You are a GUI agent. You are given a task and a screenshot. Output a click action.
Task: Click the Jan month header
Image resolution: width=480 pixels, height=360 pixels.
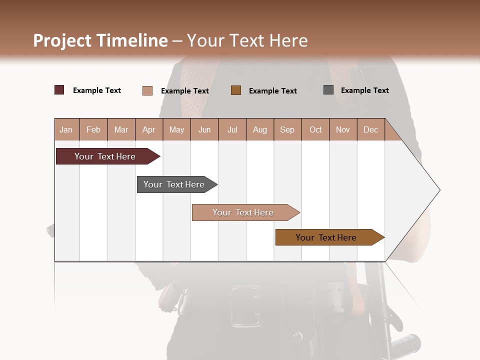tap(66, 129)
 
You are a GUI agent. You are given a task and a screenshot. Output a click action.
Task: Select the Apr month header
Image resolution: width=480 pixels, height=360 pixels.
tap(148, 129)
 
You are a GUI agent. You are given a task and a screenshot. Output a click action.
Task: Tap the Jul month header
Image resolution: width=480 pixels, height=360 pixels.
tap(232, 129)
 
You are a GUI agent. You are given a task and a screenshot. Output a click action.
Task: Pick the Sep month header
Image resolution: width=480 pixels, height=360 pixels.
tap(287, 129)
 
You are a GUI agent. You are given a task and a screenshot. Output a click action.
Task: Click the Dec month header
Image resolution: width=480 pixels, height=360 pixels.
tap(370, 129)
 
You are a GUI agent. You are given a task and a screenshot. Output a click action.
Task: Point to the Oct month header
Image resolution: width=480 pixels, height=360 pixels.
tap(315, 129)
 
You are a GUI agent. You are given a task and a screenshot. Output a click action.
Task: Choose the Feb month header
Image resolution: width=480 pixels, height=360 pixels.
tap(93, 129)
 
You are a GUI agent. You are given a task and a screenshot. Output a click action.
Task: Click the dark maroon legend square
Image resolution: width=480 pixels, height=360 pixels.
tap(59, 90)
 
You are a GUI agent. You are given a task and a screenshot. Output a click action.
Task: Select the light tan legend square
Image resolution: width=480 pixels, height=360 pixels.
tap(147, 90)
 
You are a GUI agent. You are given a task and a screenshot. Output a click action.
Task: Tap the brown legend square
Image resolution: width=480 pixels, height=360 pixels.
tap(236, 90)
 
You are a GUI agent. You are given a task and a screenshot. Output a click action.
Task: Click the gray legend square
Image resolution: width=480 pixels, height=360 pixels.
tap(328, 90)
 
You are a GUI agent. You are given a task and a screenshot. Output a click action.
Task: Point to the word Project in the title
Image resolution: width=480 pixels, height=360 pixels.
tap(62, 40)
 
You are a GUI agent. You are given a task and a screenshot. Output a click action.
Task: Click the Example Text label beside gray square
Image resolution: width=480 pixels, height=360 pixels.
tap(364, 90)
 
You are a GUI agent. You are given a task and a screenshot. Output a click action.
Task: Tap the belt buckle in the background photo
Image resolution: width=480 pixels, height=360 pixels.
tap(245, 305)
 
